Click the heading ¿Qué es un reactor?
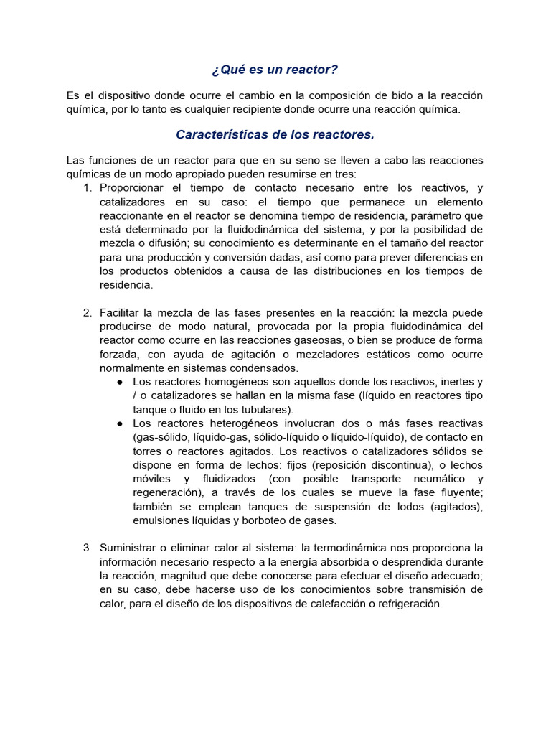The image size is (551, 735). [x=275, y=70]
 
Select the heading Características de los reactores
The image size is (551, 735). [x=275, y=134]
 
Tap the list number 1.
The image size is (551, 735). [x=88, y=188]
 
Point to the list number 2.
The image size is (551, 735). [x=88, y=313]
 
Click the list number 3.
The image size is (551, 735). [x=88, y=548]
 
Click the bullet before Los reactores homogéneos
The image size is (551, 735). [x=120, y=382]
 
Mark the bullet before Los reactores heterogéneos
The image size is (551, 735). [x=120, y=423]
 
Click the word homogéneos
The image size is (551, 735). [x=238, y=382]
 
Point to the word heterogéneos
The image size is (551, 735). [x=241, y=423]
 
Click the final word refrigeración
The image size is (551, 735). [x=408, y=604]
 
